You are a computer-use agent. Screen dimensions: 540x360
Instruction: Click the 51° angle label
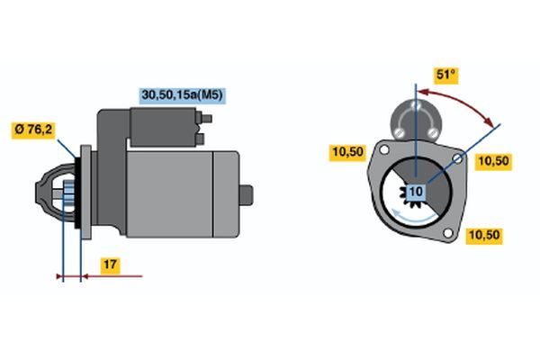click(446, 75)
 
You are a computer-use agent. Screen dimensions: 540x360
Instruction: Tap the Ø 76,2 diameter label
click(33, 130)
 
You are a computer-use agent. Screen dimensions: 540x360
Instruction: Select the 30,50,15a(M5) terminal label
click(183, 95)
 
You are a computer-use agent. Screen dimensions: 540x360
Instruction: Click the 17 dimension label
click(110, 265)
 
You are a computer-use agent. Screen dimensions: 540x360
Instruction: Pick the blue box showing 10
click(416, 192)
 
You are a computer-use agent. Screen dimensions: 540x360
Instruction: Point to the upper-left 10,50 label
click(347, 152)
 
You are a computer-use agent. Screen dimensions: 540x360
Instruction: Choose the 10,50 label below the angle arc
click(493, 161)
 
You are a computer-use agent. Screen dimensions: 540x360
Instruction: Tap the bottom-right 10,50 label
click(484, 236)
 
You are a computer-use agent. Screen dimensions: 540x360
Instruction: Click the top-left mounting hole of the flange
click(383, 150)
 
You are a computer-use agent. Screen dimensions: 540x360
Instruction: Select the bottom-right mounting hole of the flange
click(448, 233)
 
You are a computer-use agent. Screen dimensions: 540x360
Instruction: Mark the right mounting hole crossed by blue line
click(458, 158)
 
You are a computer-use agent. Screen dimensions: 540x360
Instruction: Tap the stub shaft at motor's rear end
click(246, 195)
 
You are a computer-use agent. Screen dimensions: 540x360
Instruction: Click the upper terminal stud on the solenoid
click(205, 119)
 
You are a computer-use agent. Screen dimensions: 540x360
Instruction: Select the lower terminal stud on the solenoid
click(200, 139)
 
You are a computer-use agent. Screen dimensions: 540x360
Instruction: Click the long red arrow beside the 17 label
click(112, 276)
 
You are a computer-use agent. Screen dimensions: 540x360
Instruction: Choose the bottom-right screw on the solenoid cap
click(433, 132)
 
